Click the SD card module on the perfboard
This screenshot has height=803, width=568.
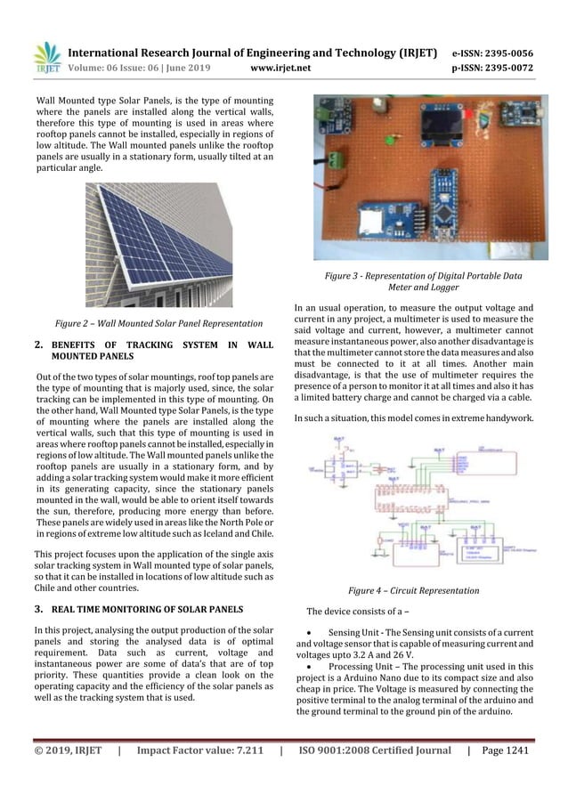(x=382, y=223)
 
